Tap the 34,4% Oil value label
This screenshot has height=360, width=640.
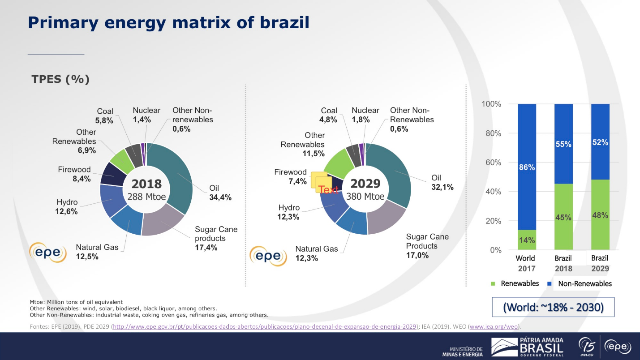220,197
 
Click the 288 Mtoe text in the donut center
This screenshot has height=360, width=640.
146,197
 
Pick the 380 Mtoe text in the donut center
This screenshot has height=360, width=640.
365,197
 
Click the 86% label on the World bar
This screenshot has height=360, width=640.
527,167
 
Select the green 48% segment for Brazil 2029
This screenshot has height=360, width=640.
600,215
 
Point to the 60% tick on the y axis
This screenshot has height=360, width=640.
491,163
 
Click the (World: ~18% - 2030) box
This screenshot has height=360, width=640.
553,308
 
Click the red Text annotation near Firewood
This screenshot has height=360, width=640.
329,190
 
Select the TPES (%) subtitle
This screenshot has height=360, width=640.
60,79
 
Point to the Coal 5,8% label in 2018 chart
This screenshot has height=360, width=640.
105,116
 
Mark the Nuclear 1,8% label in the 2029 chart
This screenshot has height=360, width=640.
365,115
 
